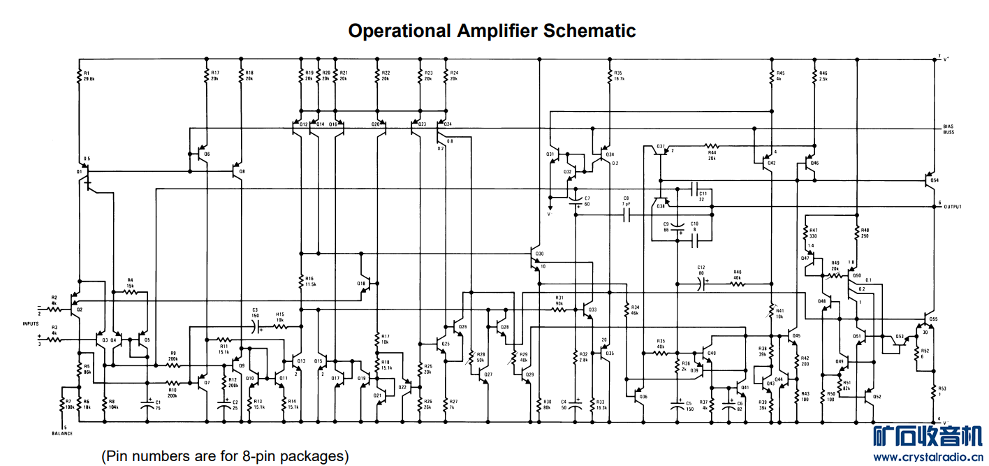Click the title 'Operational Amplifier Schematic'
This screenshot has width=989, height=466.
pos(492,31)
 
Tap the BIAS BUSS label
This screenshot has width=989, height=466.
pos(948,129)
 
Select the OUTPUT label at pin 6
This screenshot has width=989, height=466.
pos(951,207)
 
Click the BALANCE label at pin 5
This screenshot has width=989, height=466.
pos(62,433)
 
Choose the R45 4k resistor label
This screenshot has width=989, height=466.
pos(780,75)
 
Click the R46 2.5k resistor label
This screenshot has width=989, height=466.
pos(823,75)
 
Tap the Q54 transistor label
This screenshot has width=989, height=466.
pos(934,180)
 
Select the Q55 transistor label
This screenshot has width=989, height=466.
pos(934,319)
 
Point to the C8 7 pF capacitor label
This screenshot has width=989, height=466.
pos(627,201)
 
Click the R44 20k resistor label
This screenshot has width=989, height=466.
pos(712,154)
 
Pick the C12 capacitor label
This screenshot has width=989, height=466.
pos(701,270)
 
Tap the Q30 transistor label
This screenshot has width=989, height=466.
pos(539,254)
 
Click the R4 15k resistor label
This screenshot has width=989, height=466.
pos(130,283)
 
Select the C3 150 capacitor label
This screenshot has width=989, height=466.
pos(255,312)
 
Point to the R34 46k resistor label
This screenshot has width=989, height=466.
pos(635,310)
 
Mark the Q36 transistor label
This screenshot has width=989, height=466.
pos(643,396)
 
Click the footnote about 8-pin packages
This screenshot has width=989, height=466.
pos(225,456)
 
